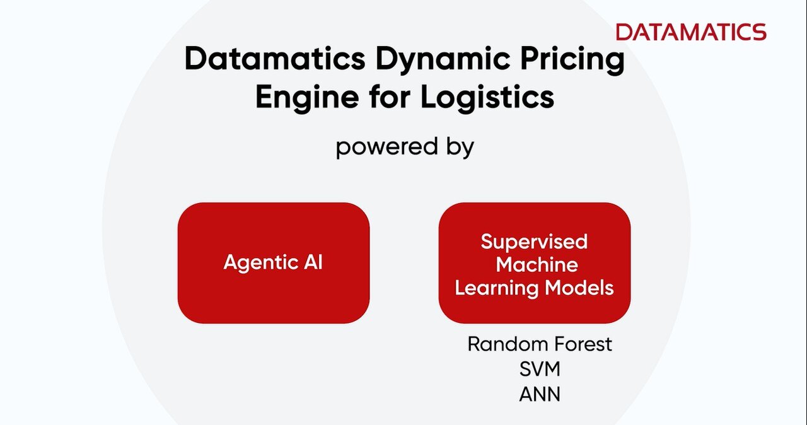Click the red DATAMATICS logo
(691, 32)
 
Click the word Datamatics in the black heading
(275, 58)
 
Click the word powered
(387, 148)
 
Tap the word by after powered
(460, 148)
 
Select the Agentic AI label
(273, 262)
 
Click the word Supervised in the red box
(534, 242)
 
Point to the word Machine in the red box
(537, 265)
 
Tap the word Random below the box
(506, 344)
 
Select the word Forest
(581, 344)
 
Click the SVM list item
(540, 369)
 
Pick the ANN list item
(540, 394)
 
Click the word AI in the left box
(313, 262)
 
